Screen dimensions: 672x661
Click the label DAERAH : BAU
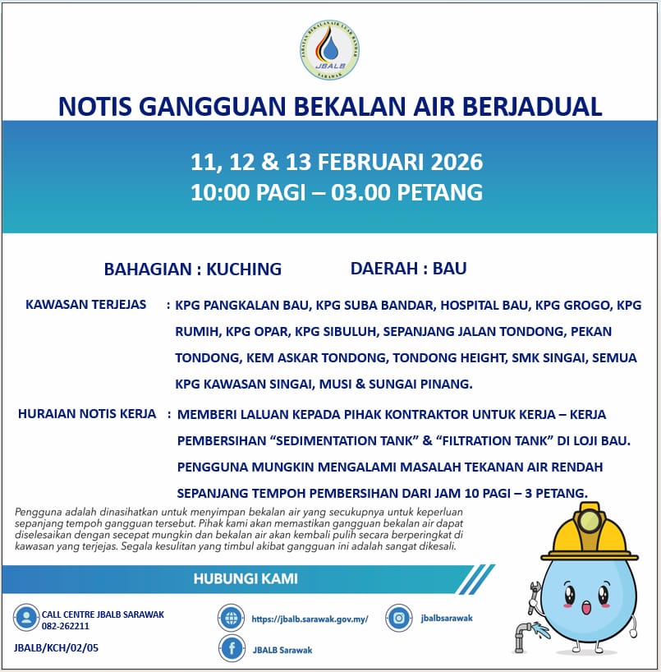pyautogui.click(x=408, y=269)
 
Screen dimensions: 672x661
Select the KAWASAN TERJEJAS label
pyautogui.click(x=86, y=305)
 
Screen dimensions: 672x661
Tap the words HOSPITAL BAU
pyautogui.click(x=485, y=306)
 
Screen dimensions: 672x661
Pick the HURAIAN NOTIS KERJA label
pyautogui.click(x=87, y=414)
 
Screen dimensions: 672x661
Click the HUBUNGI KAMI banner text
pyautogui.click(x=246, y=579)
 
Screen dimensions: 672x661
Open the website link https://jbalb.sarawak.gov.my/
pyautogui.click(x=310, y=619)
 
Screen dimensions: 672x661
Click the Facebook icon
pyautogui.click(x=232, y=649)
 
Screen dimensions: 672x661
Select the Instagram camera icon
pyautogui.click(x=399, y=619)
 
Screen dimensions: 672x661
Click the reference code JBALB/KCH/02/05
pyautogui.click(x=57, y=648)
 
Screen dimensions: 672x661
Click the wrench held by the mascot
pyautogui.click(x=535, y=596)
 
